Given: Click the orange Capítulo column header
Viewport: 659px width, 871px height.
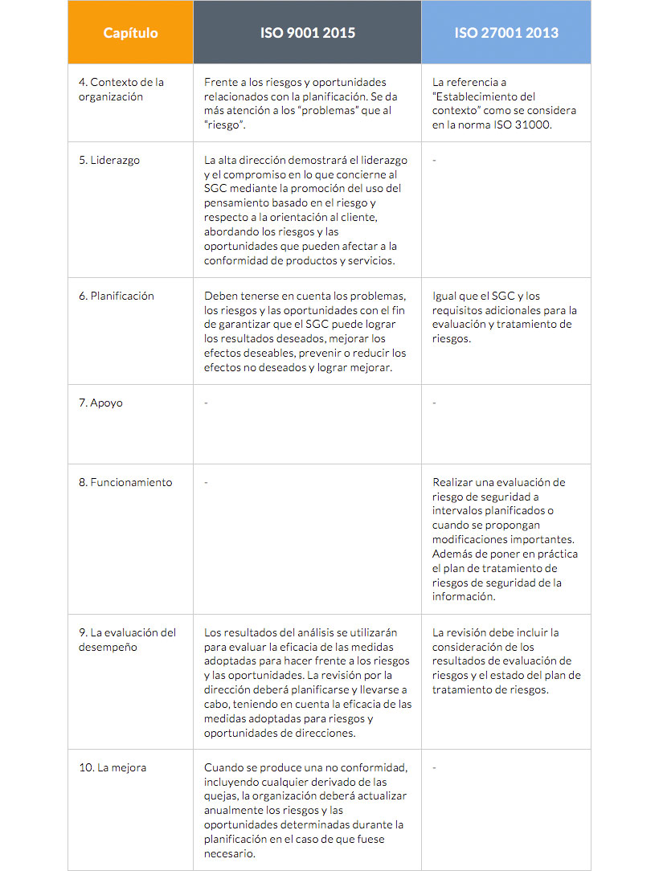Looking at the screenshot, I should (130, 33).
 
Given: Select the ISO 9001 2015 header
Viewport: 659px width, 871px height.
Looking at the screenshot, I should (307, 33).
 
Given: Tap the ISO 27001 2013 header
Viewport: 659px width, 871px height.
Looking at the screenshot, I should (506, 33).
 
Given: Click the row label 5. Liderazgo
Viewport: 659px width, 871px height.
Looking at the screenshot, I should (109, 160).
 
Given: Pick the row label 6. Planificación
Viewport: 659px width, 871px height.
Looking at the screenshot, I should (117, 296).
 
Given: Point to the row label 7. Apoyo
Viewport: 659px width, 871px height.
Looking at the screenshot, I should (100, 403).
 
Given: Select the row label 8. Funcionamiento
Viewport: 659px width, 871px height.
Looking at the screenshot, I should (125, 482).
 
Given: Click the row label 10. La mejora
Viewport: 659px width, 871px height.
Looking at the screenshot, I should (113, 767).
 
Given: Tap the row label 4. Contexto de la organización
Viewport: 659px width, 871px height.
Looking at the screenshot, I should (121, 89).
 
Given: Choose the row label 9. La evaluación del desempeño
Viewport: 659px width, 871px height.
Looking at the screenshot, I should (127, 640).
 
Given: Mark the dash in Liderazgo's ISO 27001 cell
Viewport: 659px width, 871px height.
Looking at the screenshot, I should (434, 160).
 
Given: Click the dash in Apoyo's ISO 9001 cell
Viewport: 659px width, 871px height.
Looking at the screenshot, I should (206, 403).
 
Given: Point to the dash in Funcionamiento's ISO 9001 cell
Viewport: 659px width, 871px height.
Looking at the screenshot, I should (206, 482).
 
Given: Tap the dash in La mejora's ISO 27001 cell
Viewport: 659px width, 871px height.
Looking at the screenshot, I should (434, 767).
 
